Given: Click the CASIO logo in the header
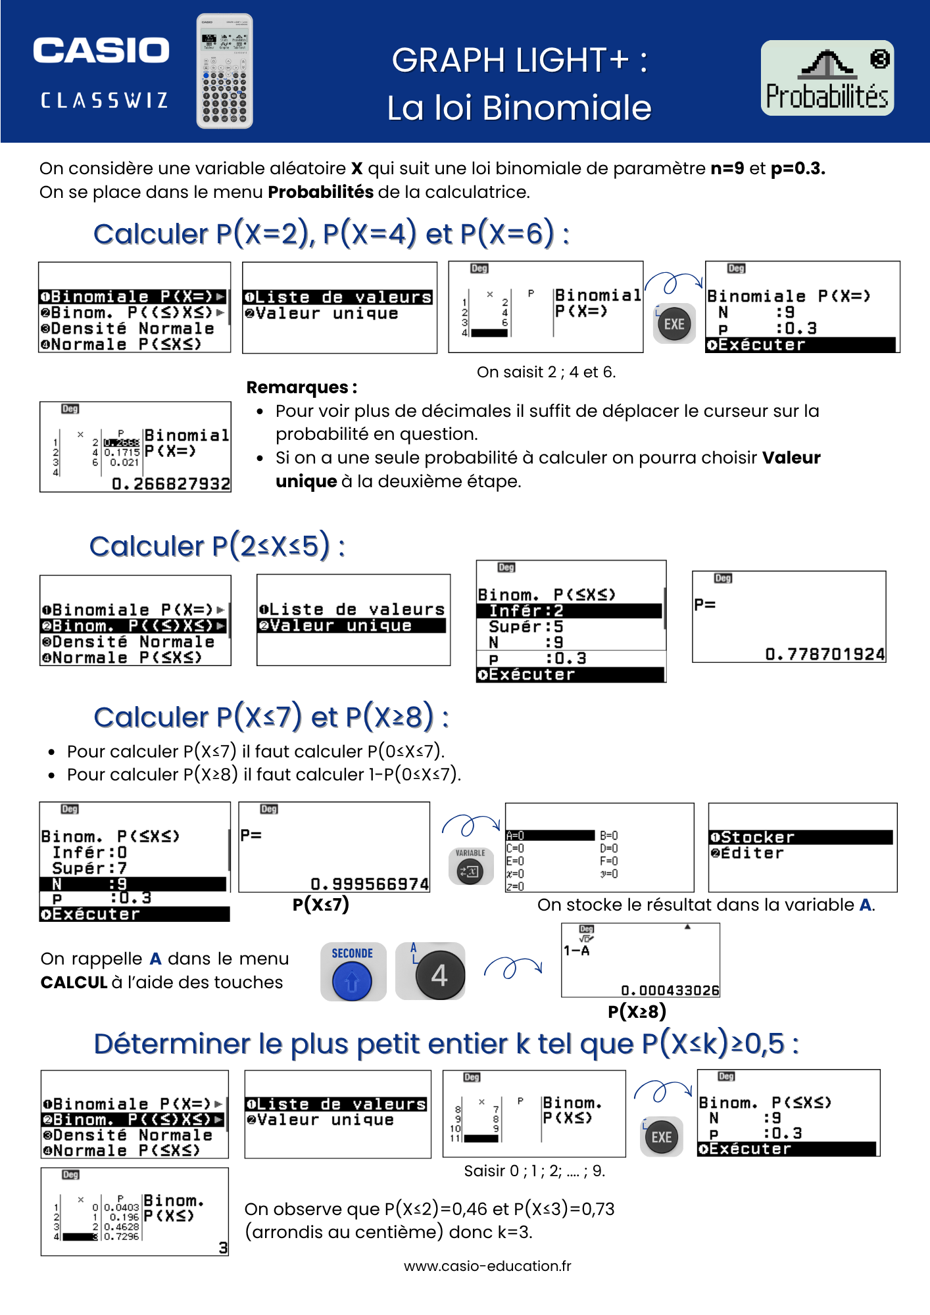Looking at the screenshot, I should pos(101,51).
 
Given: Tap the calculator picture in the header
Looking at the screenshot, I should pos(224,71).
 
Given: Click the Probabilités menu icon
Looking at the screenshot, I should pos(827,78).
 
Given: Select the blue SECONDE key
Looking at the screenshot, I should pos(353,972).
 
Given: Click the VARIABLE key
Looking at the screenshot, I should pos(470,867).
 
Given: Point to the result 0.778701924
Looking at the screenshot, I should pos(825,654).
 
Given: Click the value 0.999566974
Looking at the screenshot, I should pos(370,884).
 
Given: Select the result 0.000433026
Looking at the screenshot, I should pos(670,990).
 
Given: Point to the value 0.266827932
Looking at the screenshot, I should pos(171,485).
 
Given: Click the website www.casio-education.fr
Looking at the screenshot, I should pos(487,1266).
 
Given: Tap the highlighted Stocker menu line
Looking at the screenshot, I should pos(800,837).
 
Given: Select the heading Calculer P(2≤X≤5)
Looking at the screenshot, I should pos(217,546).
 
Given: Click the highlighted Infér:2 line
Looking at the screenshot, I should pos(569,611).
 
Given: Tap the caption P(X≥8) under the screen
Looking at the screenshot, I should pos(637,1011).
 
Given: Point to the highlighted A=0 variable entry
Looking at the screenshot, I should pos(550,836).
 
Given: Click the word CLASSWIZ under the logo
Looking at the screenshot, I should pos(104,101).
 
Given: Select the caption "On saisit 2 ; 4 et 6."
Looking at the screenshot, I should pos(546,372).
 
